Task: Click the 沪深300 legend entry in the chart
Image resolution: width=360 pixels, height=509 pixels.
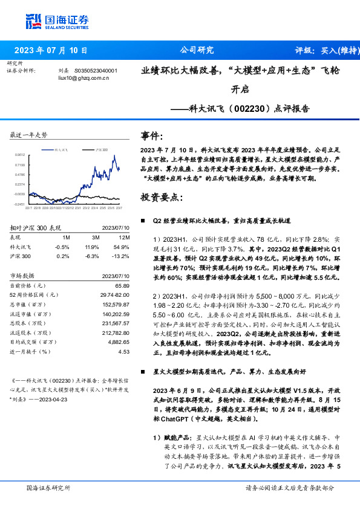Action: (x=102, y=149)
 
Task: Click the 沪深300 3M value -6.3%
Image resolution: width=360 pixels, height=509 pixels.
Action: (x=92, y=256)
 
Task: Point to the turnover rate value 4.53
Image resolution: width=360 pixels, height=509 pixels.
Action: (x=124, y=351)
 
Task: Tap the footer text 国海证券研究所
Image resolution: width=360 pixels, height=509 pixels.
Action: (x=46, y=487)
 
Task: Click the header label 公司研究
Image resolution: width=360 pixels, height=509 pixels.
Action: (x=197, y=51)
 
